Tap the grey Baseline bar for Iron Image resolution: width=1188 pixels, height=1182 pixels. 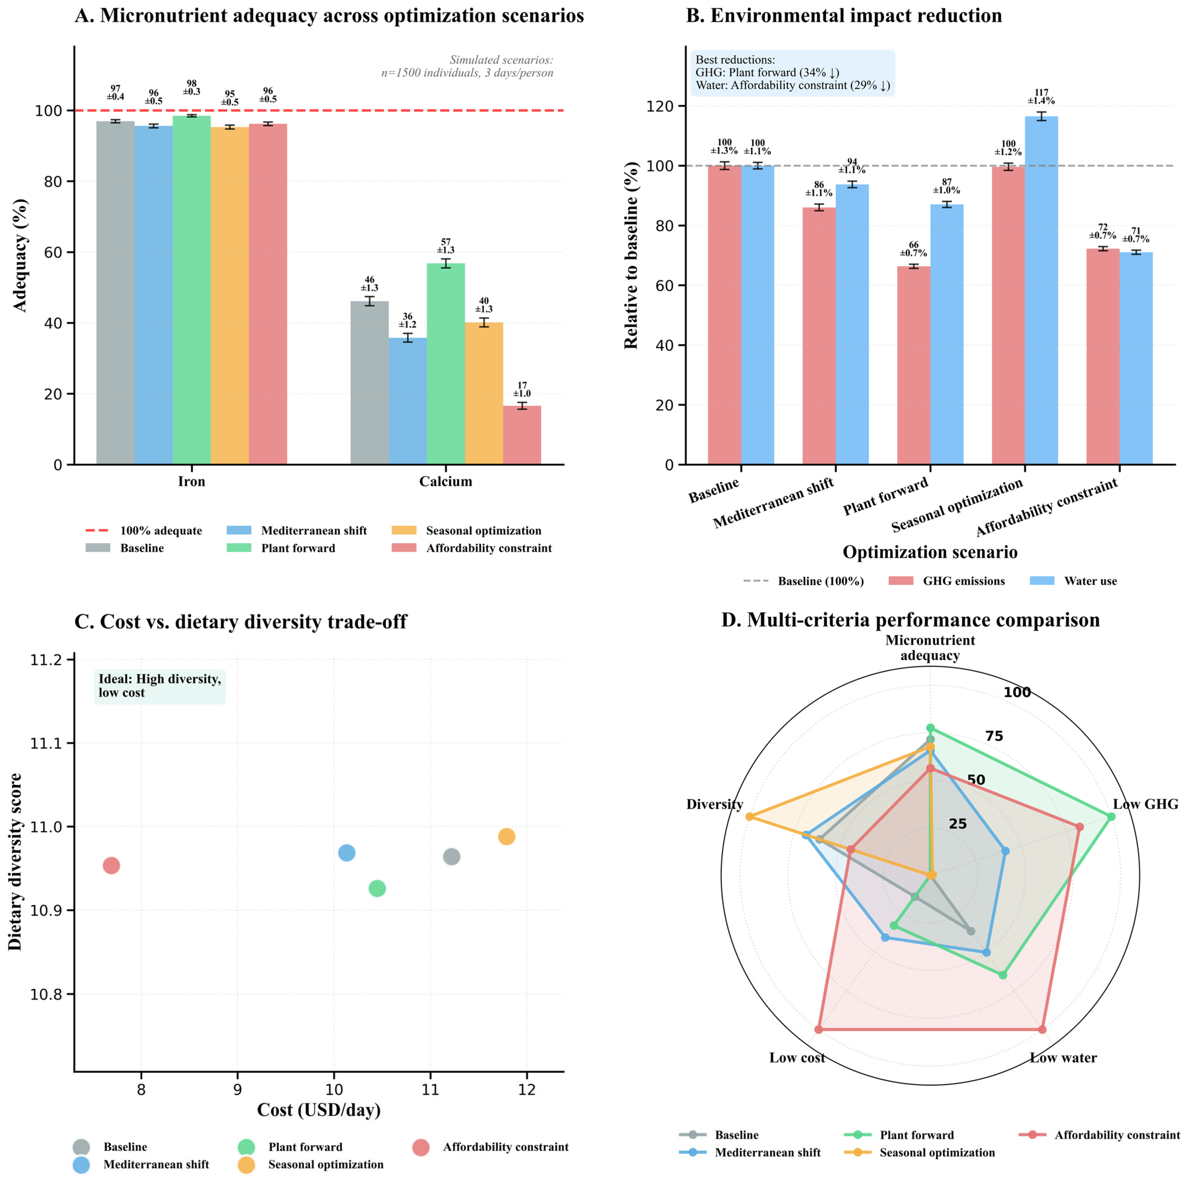116,293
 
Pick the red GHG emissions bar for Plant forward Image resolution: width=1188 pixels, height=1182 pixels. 914,365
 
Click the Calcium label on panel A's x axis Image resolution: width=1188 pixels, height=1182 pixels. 446,481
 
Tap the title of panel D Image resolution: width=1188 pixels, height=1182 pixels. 911,620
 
